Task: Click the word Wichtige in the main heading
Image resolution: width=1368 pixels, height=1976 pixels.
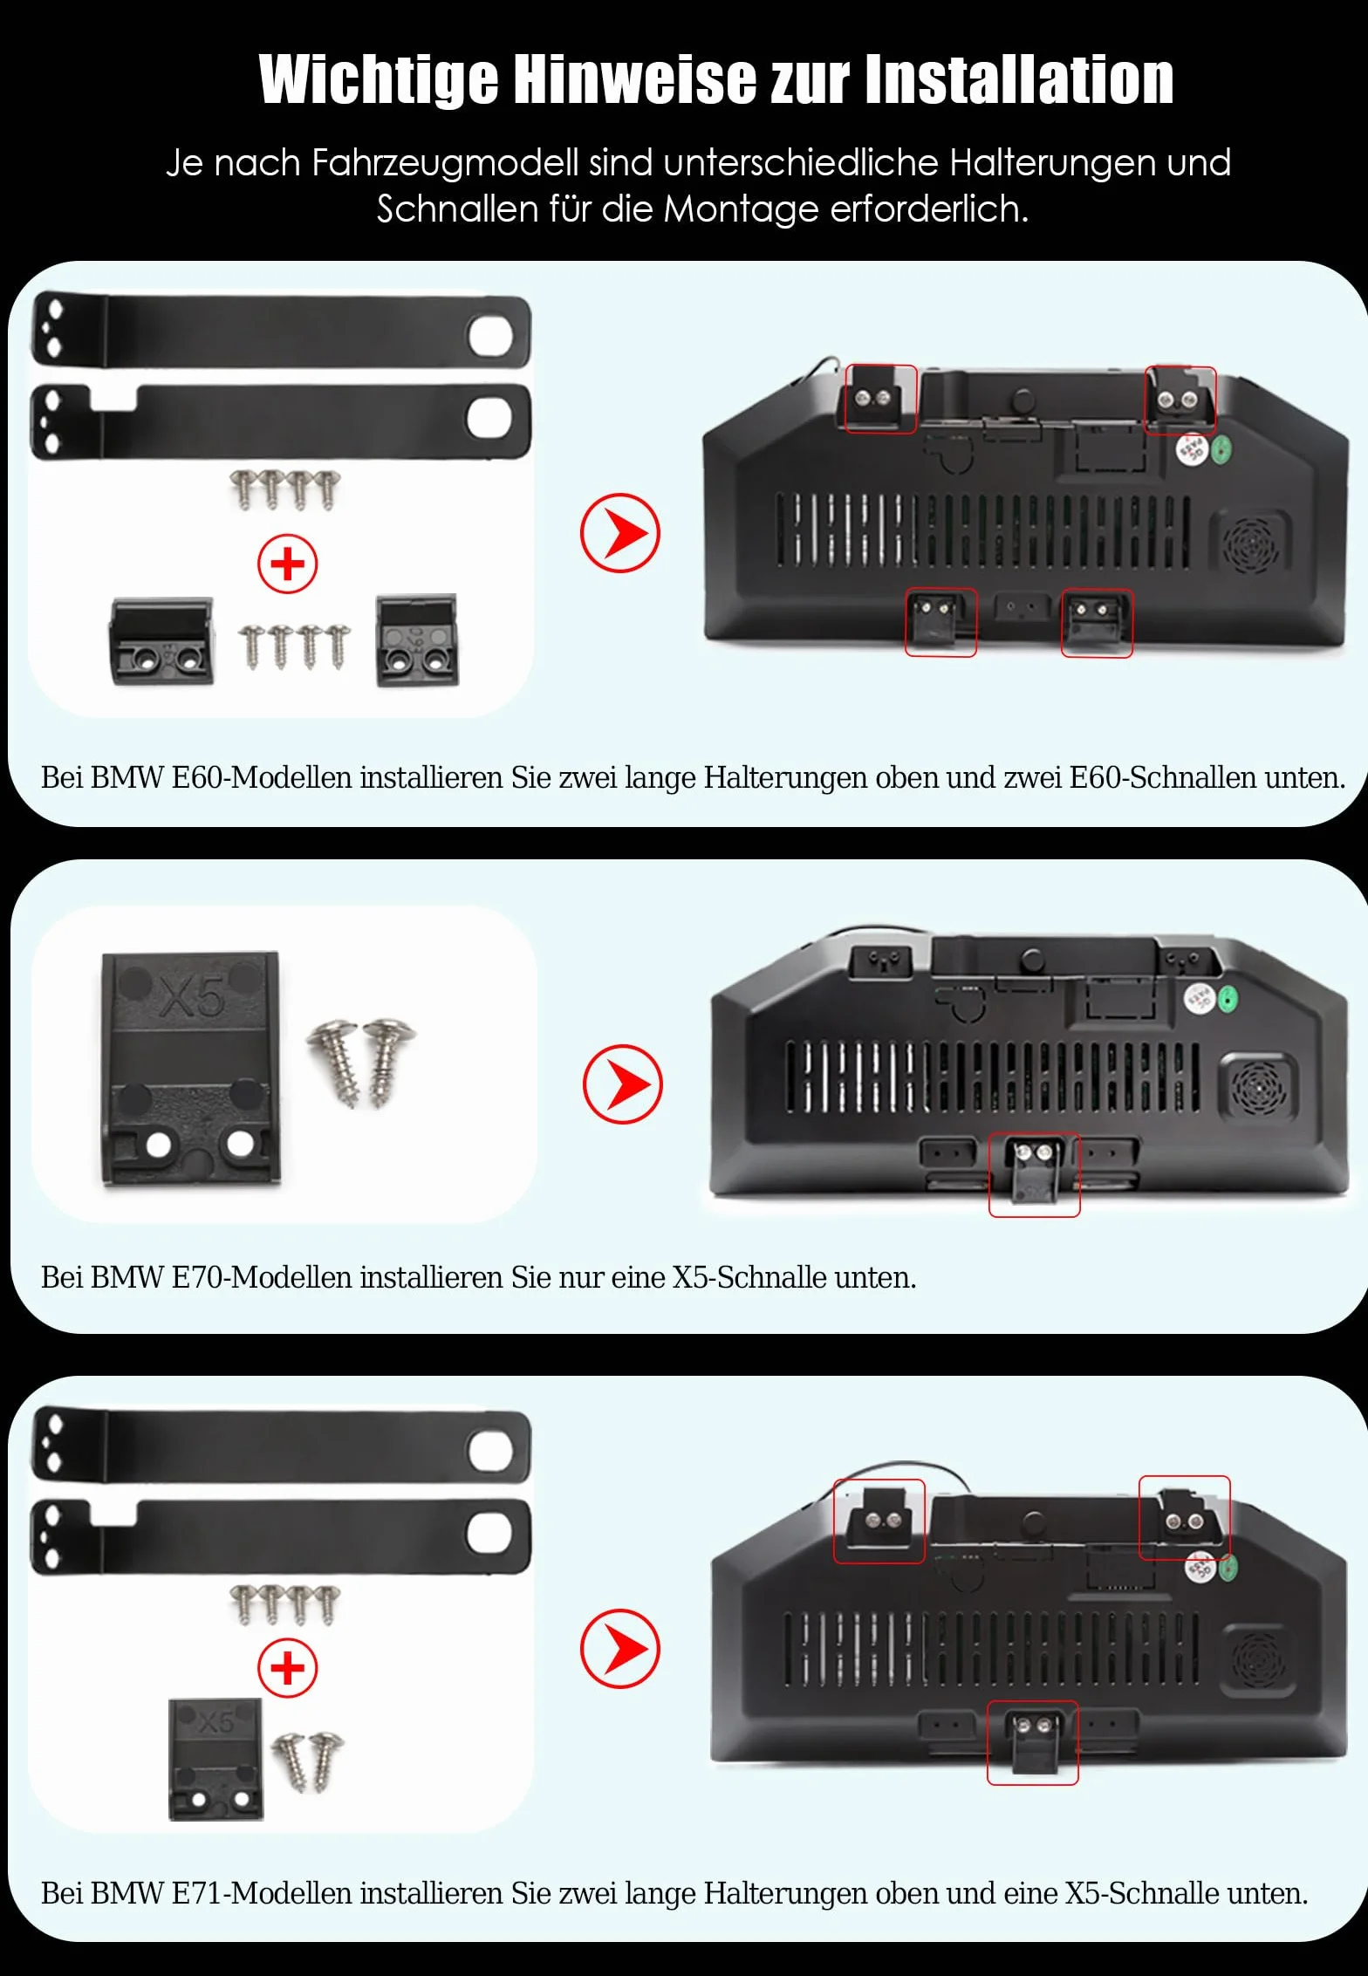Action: point(379,80)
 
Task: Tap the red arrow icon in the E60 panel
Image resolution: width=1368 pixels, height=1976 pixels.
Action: point(620,533)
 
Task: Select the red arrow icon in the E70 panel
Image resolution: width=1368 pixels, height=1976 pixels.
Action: point(623,1084)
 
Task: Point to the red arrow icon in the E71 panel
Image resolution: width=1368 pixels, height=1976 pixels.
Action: point(620,1649)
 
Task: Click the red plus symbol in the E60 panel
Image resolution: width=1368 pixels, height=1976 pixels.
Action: point(287,564)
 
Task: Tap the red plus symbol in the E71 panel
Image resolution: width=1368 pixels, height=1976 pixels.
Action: point(287,1668)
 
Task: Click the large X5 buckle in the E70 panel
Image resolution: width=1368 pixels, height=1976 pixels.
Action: point(191,1069)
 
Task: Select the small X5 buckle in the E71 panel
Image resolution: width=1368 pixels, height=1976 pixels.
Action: point(215,1758)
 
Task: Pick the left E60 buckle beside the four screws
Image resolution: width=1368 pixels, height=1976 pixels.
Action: point(162,641)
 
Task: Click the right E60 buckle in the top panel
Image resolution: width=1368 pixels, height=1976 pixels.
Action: point(417,640)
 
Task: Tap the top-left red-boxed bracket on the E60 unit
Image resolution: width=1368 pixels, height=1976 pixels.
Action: point(881,399)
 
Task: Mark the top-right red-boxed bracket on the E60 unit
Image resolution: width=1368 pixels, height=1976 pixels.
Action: point(1180,400)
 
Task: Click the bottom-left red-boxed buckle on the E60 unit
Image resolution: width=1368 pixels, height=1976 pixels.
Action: point(940,622)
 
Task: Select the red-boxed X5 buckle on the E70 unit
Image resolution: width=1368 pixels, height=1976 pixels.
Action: point(1034,1174)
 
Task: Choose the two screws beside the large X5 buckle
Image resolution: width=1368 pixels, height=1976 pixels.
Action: point(361,1062)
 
